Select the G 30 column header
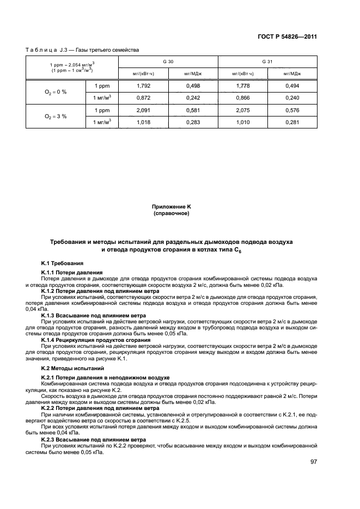[168, 62]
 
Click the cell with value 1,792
[143, 86]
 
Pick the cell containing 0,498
[193, 86]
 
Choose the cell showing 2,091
[143, 111]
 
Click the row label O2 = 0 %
[56, 91]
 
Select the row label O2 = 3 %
[56, 116]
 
